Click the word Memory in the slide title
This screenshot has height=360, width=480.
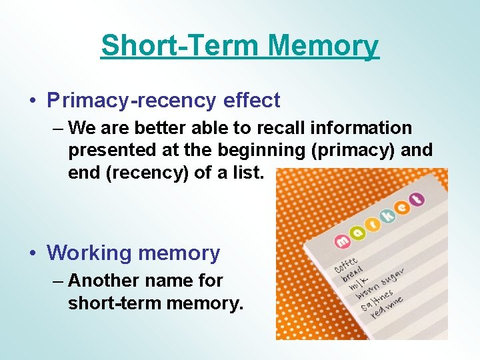pyautogui.click(x=323, y=46)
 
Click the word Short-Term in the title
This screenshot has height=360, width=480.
pyautogui.click(x=180, y=46)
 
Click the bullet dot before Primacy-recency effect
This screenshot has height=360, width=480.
pyautogui.click(x=33, y=101)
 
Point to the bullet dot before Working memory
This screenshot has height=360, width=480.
pyautogui.click(x=33, y=253)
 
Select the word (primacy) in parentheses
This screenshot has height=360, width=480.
pyautogui.click(x=353, y=150)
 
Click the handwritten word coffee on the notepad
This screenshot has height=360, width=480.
pyautogui.click(x=346, y=266)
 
